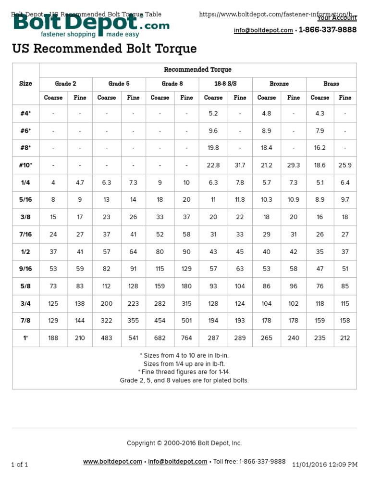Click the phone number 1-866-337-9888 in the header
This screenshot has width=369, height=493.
pyautogui.click(x=328, y=30)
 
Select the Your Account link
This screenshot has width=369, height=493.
pyautogui.click(x=337, y=18)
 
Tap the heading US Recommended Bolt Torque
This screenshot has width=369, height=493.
pyautogui.click(x=104, y=49)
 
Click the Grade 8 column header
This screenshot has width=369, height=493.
pyautogui.click(x=172, y=84)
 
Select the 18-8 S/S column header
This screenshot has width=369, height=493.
pyautogui.click(x=225, y=84)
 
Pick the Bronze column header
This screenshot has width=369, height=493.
pyautogui.click(x=279, y=84)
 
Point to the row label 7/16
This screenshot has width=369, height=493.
pyautogui.click(x=25, y=234)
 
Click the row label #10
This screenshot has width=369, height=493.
pyautogui.click(x=25, y=165)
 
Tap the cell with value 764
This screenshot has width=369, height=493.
pyautogui.click(x=186, y=338)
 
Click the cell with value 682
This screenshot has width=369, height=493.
pyautogui.click(x=160, y=338)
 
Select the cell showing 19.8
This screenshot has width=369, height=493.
pyautogui.click(x=213, y=148)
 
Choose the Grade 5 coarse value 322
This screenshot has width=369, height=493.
pyautogui.click(x=106, y=321)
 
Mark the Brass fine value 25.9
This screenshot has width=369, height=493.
pyautogui.click(x=345, y=165)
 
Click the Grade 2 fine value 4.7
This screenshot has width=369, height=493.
pyautogui.click(x=80, y=182)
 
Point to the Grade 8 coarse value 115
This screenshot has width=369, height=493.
pyautogui.click(x=160, y=269)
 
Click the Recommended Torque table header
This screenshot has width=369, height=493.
pyautogui.click(x=197, y=70)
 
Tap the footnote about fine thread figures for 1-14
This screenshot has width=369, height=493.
pyautogui.click(x=184, y=372)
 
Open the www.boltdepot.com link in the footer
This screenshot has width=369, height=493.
pyautogui.click(x=112, y=461)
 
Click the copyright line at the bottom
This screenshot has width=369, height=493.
pyautogui.click(x=184, y=443)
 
